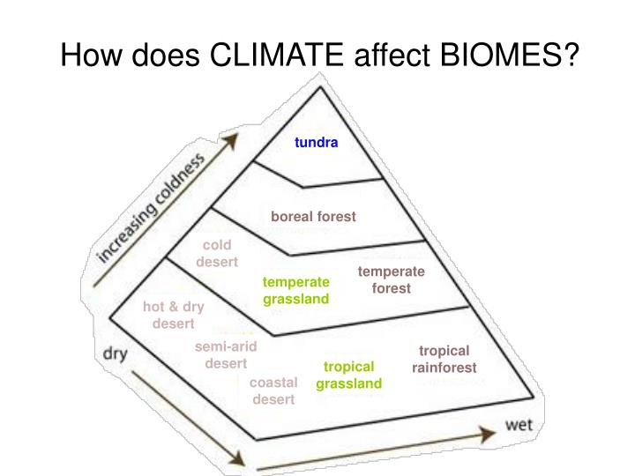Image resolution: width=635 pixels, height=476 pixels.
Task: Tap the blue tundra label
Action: pyautogui.click(x=317, y=142)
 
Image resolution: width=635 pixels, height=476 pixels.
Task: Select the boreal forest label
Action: pyautogui.click(x=313, y=216)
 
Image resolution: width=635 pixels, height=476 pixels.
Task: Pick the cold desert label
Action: pyautogui.click(x=217, y=253)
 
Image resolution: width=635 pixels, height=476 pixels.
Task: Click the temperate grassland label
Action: pyautogui.click(x=295, y=290)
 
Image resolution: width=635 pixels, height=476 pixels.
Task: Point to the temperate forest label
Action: pyautogui.click(x=392, y=279)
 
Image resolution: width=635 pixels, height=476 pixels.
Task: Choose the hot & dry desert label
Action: pyautogui.click(x=174, y=315)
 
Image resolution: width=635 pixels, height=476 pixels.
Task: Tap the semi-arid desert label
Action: pyautogui.click(x=226, y=354)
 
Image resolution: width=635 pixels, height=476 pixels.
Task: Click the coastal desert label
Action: pyautogui.click(x=273, y=390)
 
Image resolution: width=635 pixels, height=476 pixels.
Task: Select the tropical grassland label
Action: pyautogui.click(x=349, y=375)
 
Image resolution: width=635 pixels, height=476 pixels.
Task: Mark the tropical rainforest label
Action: pyautogui.click(x=444, y=359)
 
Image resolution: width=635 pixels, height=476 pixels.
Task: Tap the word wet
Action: pyautogui.click(x=520, y=424)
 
